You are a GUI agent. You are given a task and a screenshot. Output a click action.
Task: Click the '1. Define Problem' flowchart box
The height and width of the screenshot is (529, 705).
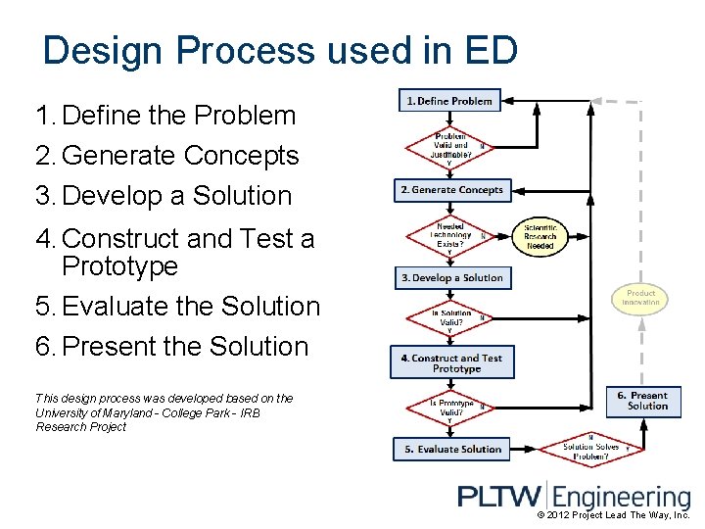449,101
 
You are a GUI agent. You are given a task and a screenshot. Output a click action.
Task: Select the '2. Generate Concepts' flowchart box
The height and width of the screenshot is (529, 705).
452,190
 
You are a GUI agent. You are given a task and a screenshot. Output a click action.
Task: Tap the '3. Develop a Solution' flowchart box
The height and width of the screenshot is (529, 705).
452,278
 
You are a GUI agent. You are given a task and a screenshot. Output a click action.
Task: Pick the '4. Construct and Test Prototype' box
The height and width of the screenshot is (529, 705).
451,363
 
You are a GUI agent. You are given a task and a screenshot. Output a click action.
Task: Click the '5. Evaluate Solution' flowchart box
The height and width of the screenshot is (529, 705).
452,450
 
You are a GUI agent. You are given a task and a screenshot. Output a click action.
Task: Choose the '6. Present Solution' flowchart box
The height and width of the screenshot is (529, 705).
643,402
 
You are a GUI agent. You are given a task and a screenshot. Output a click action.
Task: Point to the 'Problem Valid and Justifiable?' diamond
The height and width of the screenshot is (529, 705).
450,145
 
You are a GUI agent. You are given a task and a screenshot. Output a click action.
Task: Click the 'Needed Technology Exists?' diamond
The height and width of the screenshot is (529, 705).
450,235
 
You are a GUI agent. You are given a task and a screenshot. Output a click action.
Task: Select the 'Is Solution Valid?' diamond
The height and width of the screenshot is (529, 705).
450,319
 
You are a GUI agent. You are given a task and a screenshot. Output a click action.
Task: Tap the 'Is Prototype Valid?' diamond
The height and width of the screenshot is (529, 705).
450,406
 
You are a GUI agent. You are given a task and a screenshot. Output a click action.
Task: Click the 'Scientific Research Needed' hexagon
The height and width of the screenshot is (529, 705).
540,236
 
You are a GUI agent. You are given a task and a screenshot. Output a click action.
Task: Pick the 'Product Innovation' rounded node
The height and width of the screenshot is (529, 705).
640,298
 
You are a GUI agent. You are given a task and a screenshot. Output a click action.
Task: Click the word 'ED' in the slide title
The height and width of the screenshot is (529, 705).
490,51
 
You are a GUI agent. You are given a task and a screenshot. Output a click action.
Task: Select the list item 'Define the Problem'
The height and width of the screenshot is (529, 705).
178,116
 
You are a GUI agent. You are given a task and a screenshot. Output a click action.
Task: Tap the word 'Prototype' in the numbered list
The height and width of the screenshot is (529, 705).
119,265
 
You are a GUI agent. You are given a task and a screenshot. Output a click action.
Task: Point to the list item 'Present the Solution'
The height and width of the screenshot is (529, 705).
184,347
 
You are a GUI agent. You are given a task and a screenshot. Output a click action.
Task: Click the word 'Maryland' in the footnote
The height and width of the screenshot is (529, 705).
108,412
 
